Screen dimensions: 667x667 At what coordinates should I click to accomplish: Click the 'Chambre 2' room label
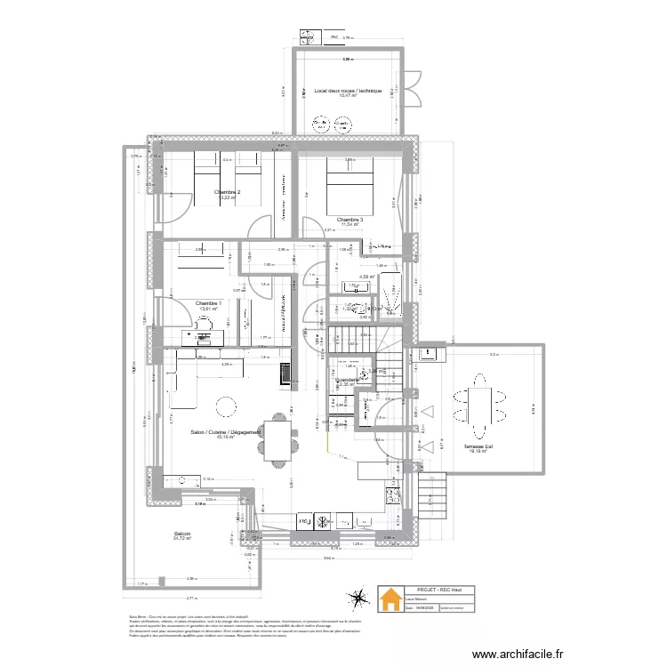coord(227,191)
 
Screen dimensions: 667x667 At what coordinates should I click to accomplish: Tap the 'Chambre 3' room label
coord(349,219)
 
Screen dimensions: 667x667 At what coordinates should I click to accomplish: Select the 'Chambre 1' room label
coord(208,302)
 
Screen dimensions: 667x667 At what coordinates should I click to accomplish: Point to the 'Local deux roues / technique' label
coord(348,91)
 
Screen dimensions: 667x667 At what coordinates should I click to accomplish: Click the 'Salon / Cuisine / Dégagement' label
coord(226,431)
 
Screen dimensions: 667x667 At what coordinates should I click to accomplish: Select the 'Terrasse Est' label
coord(478,446)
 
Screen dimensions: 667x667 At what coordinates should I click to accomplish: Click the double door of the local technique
coord(414,89)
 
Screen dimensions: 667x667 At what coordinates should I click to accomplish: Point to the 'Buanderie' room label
coord(348,380)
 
